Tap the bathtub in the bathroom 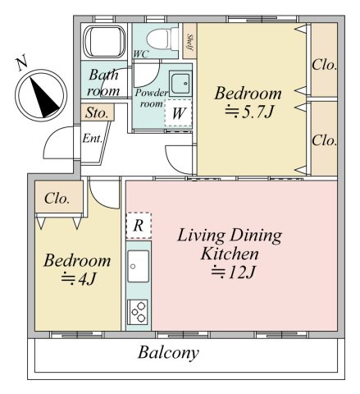click(104, 42)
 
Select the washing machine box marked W click(178, 112)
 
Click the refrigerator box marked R click(139, 226)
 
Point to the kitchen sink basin click(139, 266)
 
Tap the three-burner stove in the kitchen click(138, 312)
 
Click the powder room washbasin click(180, 84)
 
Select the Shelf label click(189, 42)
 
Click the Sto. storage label click(97, 112)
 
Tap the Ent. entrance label click(93, 139)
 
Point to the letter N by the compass click(22, 62)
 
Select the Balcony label click(168, 352)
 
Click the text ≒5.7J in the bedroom click(249, 112)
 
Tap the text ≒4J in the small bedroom click(79, 278)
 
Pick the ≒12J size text click(233, 272)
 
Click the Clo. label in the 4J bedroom click(57, 199)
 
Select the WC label click(141, 54)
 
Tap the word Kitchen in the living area click(230, 254)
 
